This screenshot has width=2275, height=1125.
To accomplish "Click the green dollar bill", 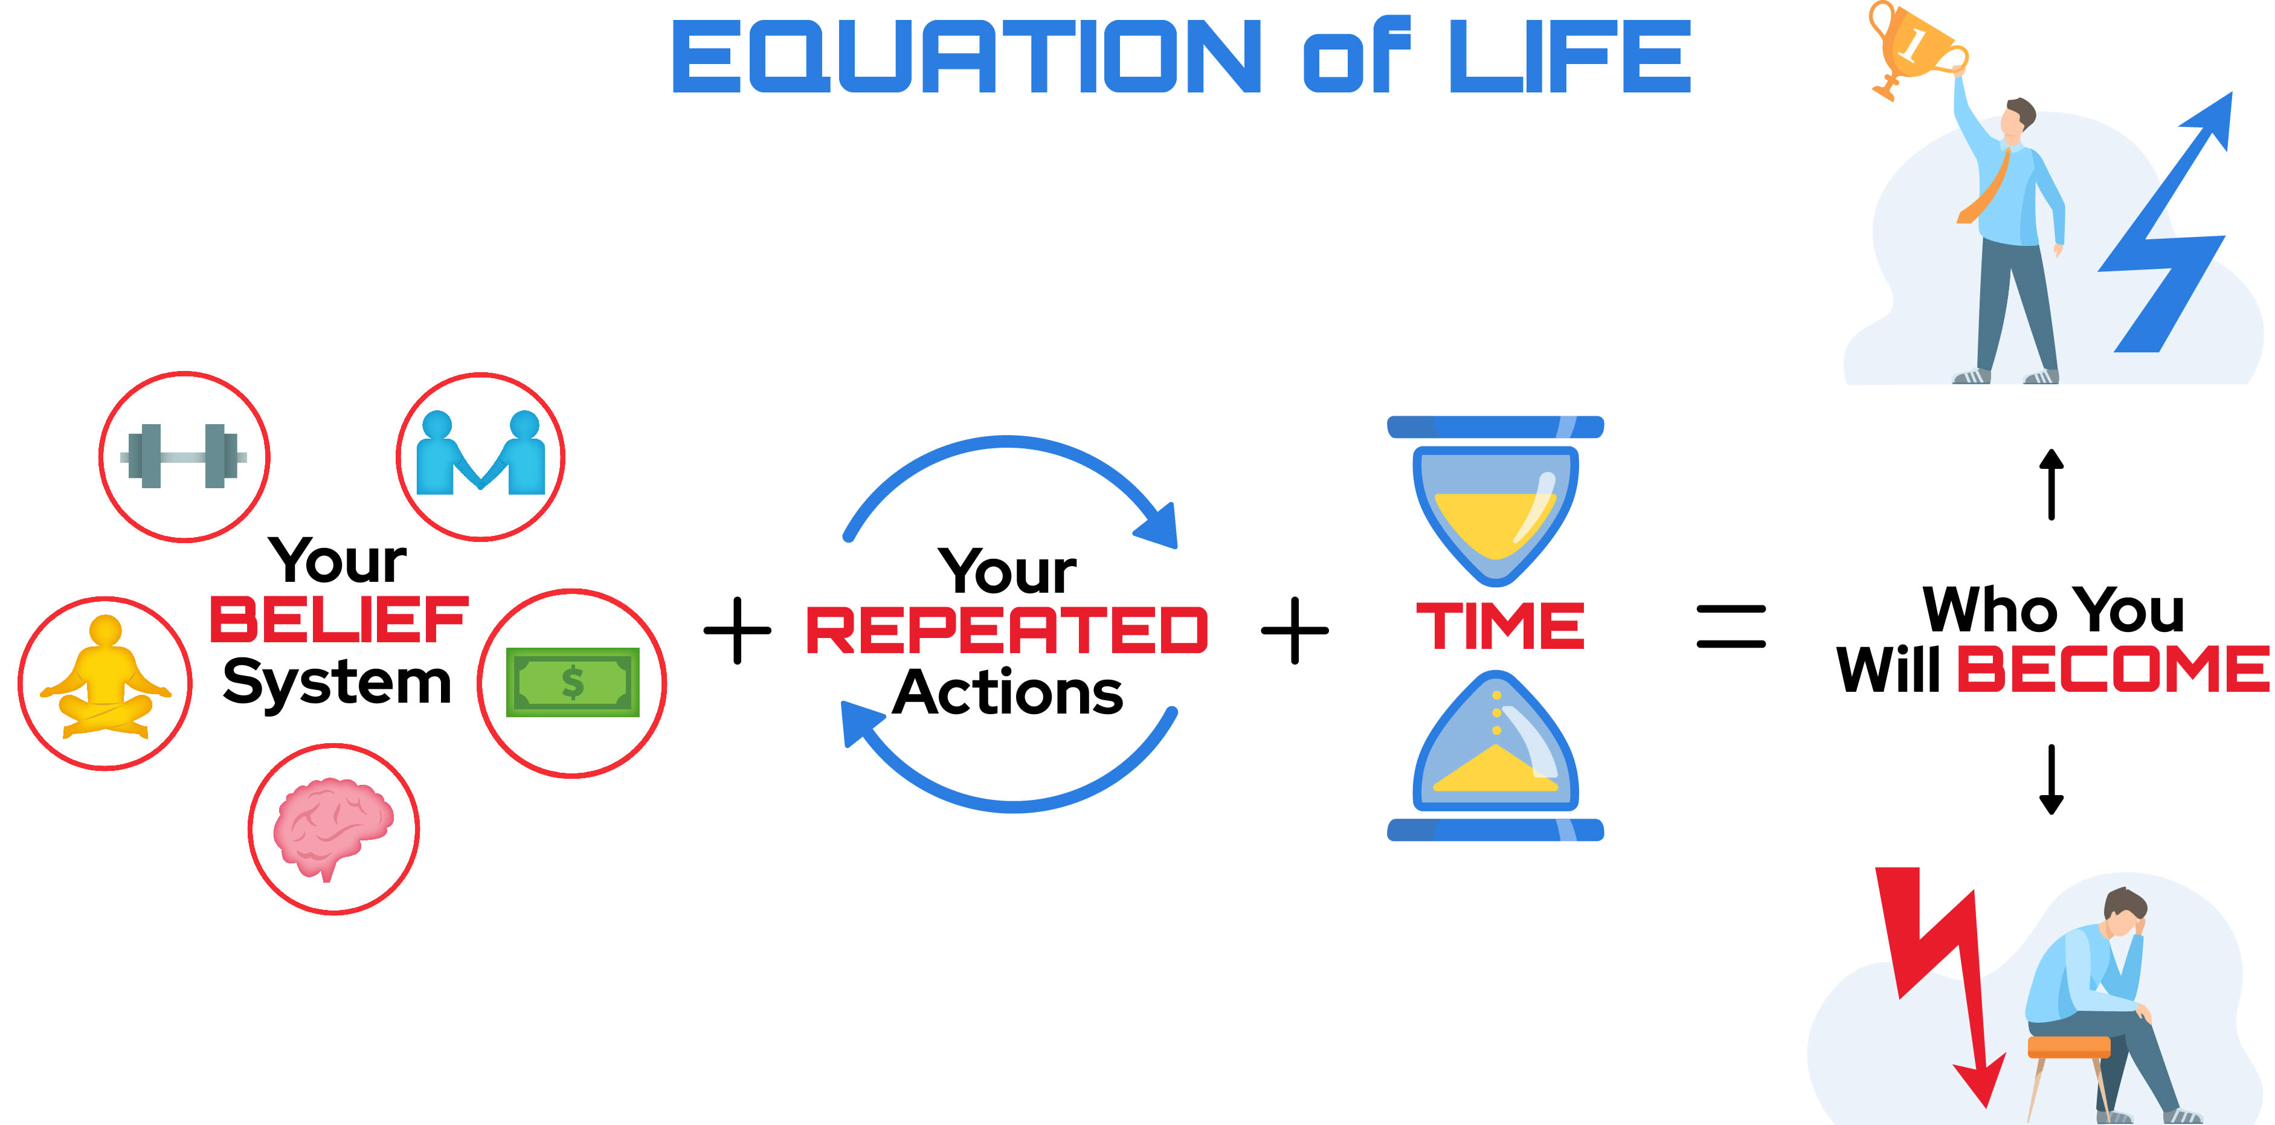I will [x=572, y=682].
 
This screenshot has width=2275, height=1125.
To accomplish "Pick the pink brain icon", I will [x=333, y=827].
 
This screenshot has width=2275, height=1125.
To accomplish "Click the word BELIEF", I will [x=338, y=620].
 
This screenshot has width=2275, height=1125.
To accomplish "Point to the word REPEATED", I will [x=1007, y=631].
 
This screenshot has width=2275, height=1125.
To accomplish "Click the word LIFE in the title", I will [x=1570, y=57].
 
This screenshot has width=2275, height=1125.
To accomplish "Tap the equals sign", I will [x=1731, y=626].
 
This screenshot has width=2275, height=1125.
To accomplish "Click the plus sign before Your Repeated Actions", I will [x=738, y=631].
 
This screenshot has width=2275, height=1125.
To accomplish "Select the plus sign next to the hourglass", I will [x=1295, y=631].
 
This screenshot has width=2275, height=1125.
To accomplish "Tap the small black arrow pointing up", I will [x=2051, y=484].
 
